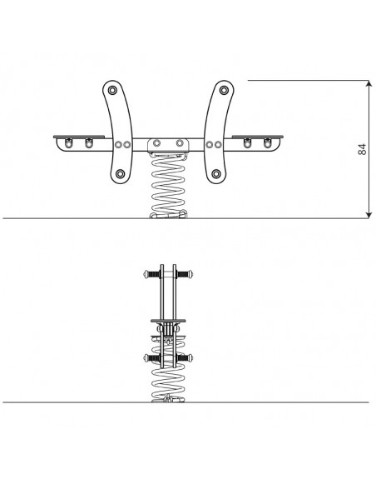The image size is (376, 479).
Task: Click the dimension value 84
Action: [x=362, y=149]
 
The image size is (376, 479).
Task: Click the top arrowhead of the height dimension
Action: [x=369, y=83]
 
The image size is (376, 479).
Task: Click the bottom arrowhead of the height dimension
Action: [x=369, y=215]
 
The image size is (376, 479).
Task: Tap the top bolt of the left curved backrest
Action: [x=112, y=91]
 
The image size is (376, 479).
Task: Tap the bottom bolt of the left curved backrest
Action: [x=121, y=174]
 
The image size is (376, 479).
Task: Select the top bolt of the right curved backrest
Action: [x=224, y=91]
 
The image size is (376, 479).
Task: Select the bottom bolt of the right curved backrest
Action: [x=216, y=174]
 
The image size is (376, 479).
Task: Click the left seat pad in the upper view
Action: [x=79, y=137]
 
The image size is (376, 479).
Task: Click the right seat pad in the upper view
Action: [x=258, y=137]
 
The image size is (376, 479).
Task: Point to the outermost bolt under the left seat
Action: [x=68, y=143]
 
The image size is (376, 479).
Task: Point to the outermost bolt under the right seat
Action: [x=267, y=143]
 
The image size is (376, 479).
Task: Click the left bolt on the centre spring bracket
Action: [x=156, y=143]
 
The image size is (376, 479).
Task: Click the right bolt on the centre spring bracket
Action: [x=180, y=143]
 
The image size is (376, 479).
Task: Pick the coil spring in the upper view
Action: [x=168, y=186]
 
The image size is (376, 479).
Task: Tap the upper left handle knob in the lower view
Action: [x=146, y=274]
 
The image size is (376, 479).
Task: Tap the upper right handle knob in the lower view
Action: [x=190, y=274]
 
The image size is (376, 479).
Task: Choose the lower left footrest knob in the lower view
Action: [x=146, y=357]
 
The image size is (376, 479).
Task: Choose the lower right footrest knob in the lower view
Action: [x=190, y=357]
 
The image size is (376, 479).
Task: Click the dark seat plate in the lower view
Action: [x=168, y=321]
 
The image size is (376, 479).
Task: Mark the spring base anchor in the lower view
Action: [x=168, y=399]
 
